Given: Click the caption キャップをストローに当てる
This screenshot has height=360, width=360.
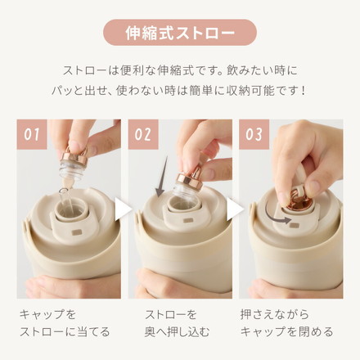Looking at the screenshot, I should [x=64, y=322].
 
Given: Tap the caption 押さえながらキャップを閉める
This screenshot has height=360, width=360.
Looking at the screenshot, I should [x=286, y=322].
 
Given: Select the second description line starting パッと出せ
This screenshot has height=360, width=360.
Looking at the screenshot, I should [x=180, y=89].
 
